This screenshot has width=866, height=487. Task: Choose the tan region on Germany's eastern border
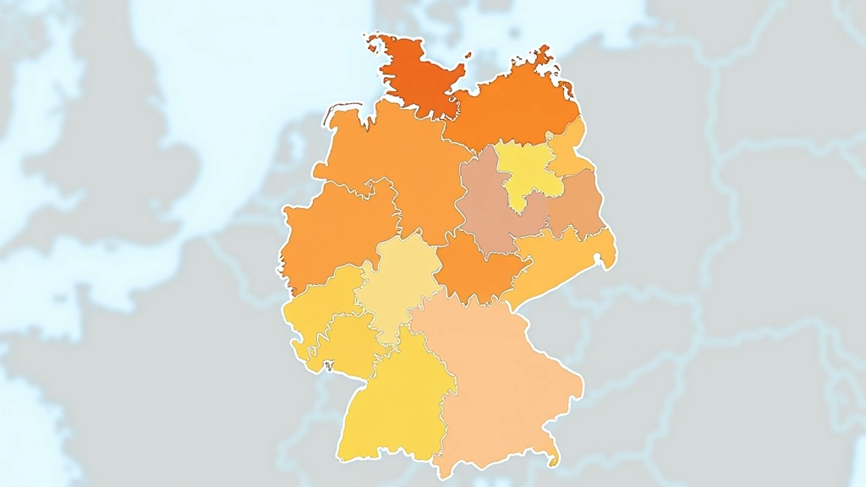(x=579, y=203)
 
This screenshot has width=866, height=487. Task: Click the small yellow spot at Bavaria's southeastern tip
(x=554, y=461)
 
